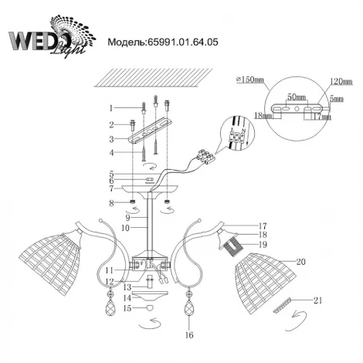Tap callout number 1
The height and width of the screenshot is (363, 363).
click(111, 108)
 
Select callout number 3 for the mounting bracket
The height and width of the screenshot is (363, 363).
click(111, 139)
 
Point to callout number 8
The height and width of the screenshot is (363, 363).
click(111, 203)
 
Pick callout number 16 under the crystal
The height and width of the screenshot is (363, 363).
click(189, 337)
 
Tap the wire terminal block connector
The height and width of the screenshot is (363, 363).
click(209, 156)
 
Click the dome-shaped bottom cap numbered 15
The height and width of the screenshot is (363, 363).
click(151, 308)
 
